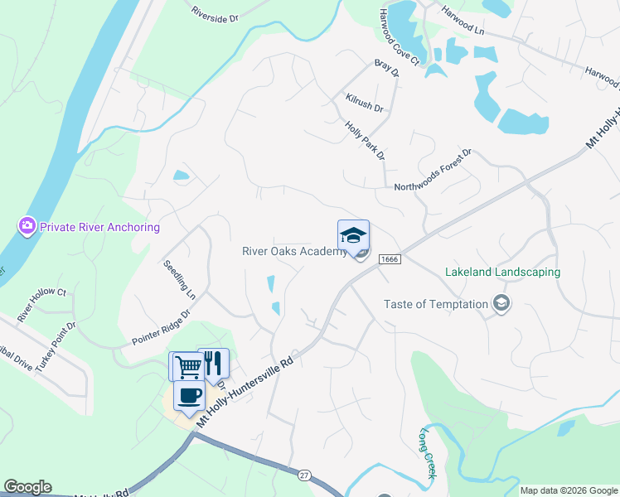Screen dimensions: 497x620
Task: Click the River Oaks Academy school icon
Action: pyautogui.click(x=353, y=234)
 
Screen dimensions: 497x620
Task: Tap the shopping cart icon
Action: pyautogui.click(x=186, y=364)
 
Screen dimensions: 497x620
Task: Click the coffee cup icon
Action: pyautogui.click(x=190, y=395)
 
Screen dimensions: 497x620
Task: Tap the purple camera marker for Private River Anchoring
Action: pyautogui.click(x=27, y=226)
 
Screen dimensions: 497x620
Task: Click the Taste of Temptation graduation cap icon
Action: pyautogui.click(x=500, y=304)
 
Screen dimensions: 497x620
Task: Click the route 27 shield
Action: pyautogui.click(x=304, y=475)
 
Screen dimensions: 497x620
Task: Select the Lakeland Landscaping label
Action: pyautogui.click(x=502, y=272)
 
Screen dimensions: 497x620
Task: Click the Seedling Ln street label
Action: pyautogui.click(x=179, y=280)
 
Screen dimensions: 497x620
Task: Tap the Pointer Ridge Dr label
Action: pyautogui.click(x=161, y=328)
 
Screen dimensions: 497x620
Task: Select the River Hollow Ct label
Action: pyautogui.click(x=41, y=304)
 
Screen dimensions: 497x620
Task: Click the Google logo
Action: pyautogui.click(x=27, y=487)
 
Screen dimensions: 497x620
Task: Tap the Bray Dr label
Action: pyautogui.click(x=386, y=67)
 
